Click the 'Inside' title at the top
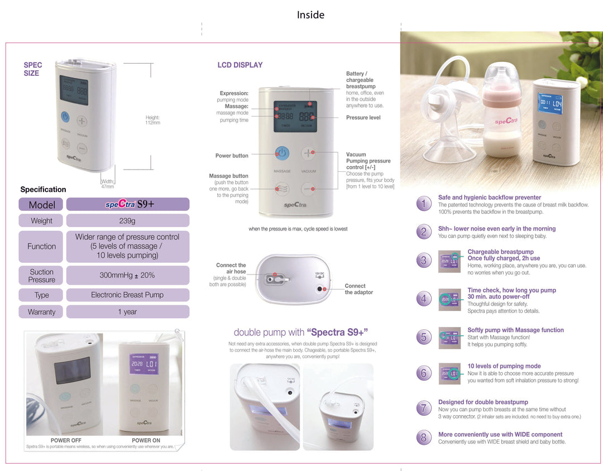[x=310, y=15]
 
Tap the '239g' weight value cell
[x=127, y=221]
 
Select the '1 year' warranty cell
[x=127, y=312]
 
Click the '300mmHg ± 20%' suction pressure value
[x=127, y=275]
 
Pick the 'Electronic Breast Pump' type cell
[x=127, y=295]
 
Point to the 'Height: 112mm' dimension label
[x=152, y=120]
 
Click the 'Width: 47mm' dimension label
[x=107, y=184]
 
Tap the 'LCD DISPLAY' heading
[x=240, y=65]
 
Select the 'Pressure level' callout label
[x=363, y=118]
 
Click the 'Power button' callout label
[x=232, y=156]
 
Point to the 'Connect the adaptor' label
[x=358, y=289]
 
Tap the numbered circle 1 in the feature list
[x=423, y=204]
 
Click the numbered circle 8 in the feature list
[x=423, y=438]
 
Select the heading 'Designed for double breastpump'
[x=483, y=402]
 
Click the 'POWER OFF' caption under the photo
[x=66, y=440]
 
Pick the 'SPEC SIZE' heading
[x=32, y=69]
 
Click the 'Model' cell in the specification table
[x=42, y=205]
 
